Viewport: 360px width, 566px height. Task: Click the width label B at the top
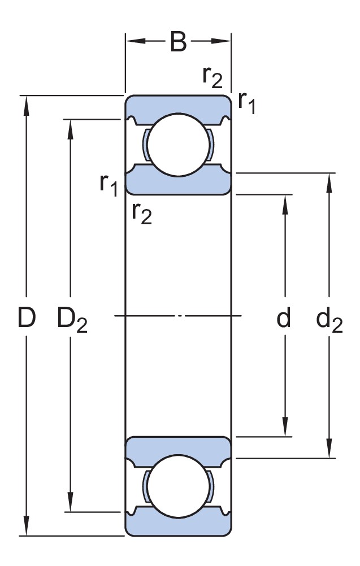[x=178, y=42]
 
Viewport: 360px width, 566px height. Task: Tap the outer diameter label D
[x=26, y=319]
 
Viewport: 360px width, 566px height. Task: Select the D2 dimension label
[x=72, y=321]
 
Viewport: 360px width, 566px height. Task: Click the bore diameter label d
[x=283, y=319]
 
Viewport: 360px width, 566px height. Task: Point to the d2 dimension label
[x=329, y=321]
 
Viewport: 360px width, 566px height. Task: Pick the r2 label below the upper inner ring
[x=142, y=213]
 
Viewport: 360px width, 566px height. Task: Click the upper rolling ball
[x=178, y=145]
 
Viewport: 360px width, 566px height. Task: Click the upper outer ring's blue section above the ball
[x=178, y=104]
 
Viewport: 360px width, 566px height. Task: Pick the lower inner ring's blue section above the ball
[x=178, y=445]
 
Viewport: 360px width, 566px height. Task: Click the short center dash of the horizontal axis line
[x=180, y=316]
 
